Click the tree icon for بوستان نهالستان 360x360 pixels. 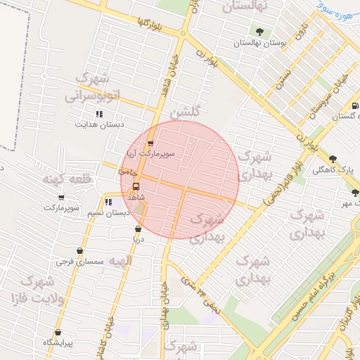260,31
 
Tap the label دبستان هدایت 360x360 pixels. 99,124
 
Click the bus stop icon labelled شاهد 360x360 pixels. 136,188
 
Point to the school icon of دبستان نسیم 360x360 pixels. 108,202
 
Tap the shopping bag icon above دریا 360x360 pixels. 137,229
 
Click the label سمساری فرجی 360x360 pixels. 80,261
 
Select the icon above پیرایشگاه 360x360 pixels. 58,332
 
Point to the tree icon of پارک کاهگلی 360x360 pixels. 333,159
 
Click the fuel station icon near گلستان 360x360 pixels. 354,106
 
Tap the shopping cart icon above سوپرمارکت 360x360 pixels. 61,198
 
